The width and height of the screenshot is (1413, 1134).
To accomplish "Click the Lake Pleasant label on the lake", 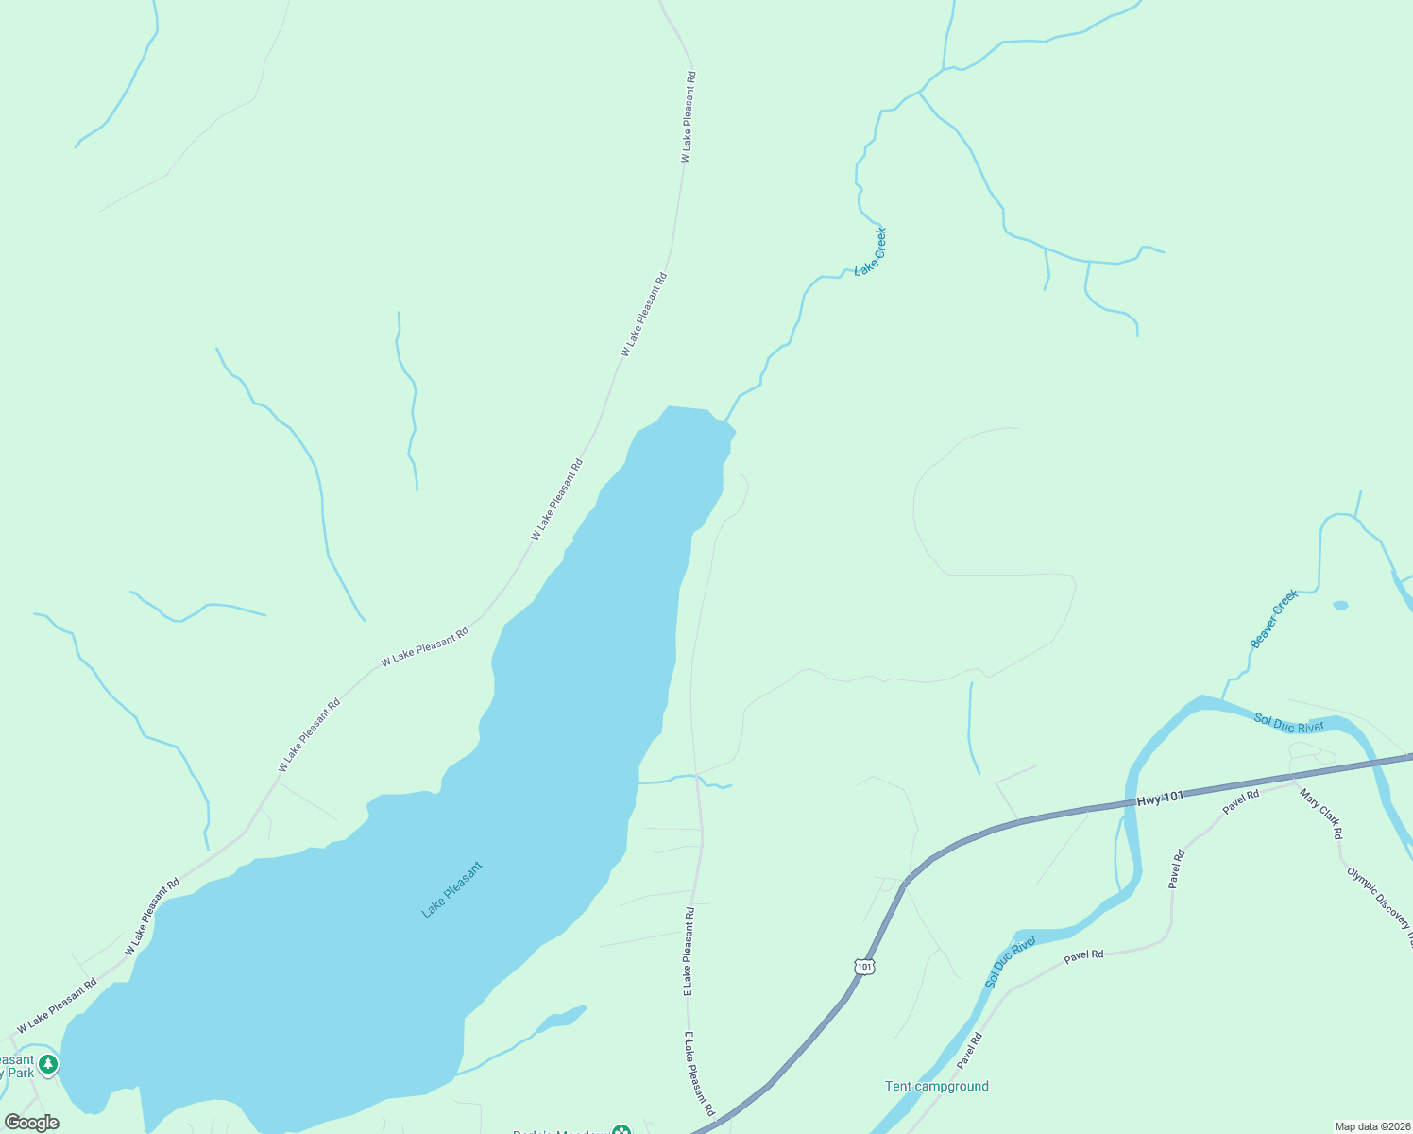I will coord(451,889).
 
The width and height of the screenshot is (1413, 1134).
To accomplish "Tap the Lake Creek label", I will coord(871,251).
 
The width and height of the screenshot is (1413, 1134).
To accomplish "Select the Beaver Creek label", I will coord(1274,620).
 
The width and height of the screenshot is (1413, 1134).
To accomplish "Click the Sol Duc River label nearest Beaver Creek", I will coord(1289,724).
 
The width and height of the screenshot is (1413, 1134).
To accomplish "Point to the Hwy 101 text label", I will coord(1160,799).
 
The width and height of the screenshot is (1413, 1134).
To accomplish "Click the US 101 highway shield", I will coord(864,966).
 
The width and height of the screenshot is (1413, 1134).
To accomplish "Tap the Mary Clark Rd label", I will coord(1320,814).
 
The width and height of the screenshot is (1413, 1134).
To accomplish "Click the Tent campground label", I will coord(936,1086).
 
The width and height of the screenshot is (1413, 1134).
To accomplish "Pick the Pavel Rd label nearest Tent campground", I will coord(969,1051).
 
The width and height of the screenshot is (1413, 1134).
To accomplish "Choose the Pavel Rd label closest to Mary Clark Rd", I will coord(1241,801).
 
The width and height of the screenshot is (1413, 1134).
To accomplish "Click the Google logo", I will coord(32,1123).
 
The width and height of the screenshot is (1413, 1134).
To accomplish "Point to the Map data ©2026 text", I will coord(1371,1126).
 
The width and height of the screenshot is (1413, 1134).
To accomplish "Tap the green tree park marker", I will coord(48,1065).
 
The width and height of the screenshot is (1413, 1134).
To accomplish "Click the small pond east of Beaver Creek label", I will coord(1340,605).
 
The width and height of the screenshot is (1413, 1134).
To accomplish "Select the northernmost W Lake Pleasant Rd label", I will coord(689,116).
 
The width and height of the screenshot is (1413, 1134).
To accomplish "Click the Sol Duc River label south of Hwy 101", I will coord(1011,962).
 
